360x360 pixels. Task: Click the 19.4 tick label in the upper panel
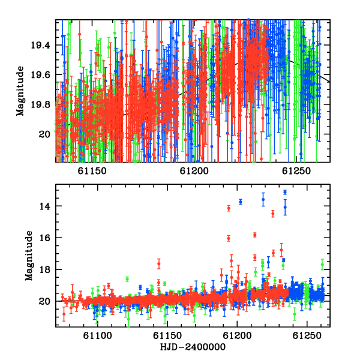click(x=40, y=45)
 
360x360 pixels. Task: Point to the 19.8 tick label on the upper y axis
click(x=40, y=104)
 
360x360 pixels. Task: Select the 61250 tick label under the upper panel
click(x=296, y=171)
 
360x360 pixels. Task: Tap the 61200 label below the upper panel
click(x=194, y=171)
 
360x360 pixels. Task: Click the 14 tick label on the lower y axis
click(x=44, y=206)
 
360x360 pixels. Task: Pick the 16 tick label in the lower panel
click(x=44, y=238)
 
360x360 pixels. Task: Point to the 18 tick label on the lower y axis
click(x=44, y=270)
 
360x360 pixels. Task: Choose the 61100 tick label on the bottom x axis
click(x=98, y=335)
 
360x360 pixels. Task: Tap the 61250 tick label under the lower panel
click(x=307, y=335)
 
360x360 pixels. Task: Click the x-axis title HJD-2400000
click(x=193, y=347)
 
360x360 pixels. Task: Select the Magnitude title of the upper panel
click(x=20, y=91)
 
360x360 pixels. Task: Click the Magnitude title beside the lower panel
click(x=29, y=256)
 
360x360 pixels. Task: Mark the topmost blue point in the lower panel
click(x=285, y=192)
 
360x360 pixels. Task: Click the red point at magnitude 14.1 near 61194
click(x=229, y=208)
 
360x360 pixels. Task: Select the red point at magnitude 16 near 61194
click(x=229, y=239)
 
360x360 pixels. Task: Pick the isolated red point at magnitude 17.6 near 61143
click(x=158, y=263)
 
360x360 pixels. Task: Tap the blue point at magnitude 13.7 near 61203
click(x=241, y=202)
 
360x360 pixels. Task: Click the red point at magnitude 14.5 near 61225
click(x=273, y=214)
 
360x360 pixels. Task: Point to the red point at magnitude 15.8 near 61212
click(x=255, y=235)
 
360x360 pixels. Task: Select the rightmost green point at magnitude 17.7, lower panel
click(x=322, y=265)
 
